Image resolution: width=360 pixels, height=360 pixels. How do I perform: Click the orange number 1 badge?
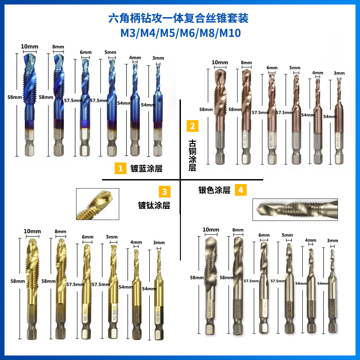[120, 169]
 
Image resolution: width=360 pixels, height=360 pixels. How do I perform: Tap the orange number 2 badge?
[192, 126]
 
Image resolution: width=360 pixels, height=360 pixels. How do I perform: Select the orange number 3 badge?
[165, 192]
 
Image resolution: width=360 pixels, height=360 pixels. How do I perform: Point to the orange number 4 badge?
[241, 190]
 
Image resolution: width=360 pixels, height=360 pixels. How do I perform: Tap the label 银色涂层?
[214, 190]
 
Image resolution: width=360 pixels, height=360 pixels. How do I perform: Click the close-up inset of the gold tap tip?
[96, 204]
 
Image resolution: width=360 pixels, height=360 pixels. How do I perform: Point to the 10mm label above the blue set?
[29, 46]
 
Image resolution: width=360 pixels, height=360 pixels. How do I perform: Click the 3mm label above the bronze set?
[339, 73]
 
